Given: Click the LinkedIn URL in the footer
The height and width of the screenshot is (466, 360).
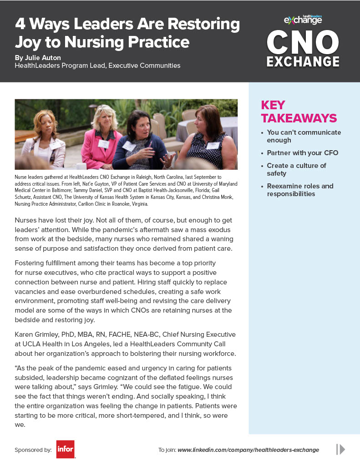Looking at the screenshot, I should click(248, 450).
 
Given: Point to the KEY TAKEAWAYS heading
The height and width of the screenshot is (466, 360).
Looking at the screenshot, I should click(299, 111).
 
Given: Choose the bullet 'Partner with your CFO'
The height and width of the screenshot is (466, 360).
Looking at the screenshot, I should click(302, 153).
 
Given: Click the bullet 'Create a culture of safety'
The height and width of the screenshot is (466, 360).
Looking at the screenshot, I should click(296, 169).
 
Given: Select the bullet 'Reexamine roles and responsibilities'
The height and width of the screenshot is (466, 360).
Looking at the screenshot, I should click(299, 190).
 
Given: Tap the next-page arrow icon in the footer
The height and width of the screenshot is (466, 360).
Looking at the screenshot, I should click(340, 449).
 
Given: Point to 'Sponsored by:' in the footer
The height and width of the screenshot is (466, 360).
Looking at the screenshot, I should click(33, 450).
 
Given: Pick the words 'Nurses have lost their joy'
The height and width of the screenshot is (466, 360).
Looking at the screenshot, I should click(57, 220).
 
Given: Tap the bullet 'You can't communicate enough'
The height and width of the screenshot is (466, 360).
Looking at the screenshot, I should click(304, 136).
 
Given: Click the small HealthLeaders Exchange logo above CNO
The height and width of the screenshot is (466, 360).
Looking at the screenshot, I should click(303, 19).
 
